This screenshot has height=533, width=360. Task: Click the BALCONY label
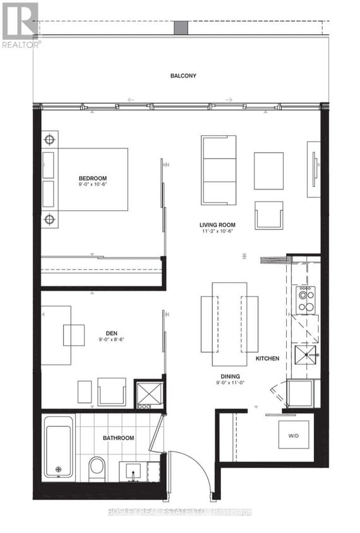(x=183, y=76)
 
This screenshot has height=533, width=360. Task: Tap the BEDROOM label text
(x=93, y=178)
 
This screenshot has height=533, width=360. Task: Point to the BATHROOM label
(x=119, y=438)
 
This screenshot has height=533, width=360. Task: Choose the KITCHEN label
(x=267, y=359)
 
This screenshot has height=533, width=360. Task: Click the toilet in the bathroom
(x=97, y=468)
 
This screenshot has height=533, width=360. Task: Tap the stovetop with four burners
(x=306, y=300)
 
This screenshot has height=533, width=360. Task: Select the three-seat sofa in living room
(x=219, y=170)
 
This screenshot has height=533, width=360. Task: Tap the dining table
(x=229, y=323)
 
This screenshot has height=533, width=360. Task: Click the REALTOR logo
(x=20, y=25)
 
